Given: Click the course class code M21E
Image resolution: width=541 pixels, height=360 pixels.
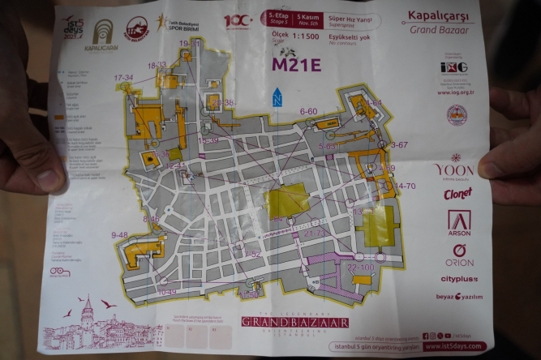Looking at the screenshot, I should pyautogui.click(x=296, y=64).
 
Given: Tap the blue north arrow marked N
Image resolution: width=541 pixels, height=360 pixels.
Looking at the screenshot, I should pyautogui.click(x=277, y=96).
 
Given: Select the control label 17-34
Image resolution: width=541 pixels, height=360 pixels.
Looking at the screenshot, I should pyautogui.click(x=123, y=78).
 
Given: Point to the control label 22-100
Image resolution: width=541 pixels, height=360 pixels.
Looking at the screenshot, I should pyautogui.click(x=360, y=267).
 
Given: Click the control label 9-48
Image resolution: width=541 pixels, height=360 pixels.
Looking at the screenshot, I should pyautogui.click(x=119, y=235).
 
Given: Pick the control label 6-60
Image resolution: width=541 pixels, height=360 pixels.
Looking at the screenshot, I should pyautogui.click(x=308, y=111).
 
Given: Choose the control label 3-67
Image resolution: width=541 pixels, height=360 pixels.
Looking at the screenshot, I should pyautogui.click(x=399, y=144).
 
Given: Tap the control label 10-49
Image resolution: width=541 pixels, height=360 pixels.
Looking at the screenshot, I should pyautogui.click(x=166, y=291).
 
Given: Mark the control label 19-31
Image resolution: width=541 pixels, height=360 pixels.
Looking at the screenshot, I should pyautogui.click(x=187, y=43).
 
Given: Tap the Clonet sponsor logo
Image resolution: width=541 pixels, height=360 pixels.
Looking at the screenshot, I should pyautogui.click(x=457, y=194).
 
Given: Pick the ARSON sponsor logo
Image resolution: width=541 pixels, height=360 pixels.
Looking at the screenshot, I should pyautogui.click(x=458, y=224).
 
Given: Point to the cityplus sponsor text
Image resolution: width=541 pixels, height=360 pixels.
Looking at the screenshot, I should pyautogui.click(x=459, y=279).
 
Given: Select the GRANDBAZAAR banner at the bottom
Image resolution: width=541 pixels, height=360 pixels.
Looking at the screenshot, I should pyautogui.click(x=294, y=323).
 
